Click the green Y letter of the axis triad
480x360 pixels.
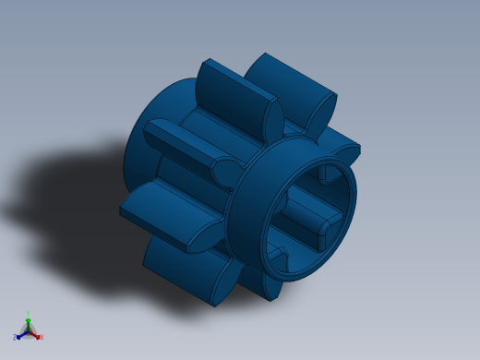click(28, 314)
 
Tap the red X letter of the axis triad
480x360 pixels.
click(41, 337)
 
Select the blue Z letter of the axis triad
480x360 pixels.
click(15, 338)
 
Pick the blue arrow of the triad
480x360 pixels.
click(20, 335)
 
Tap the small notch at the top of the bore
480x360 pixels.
click(326, 172)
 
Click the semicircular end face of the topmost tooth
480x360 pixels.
click(273, 118)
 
